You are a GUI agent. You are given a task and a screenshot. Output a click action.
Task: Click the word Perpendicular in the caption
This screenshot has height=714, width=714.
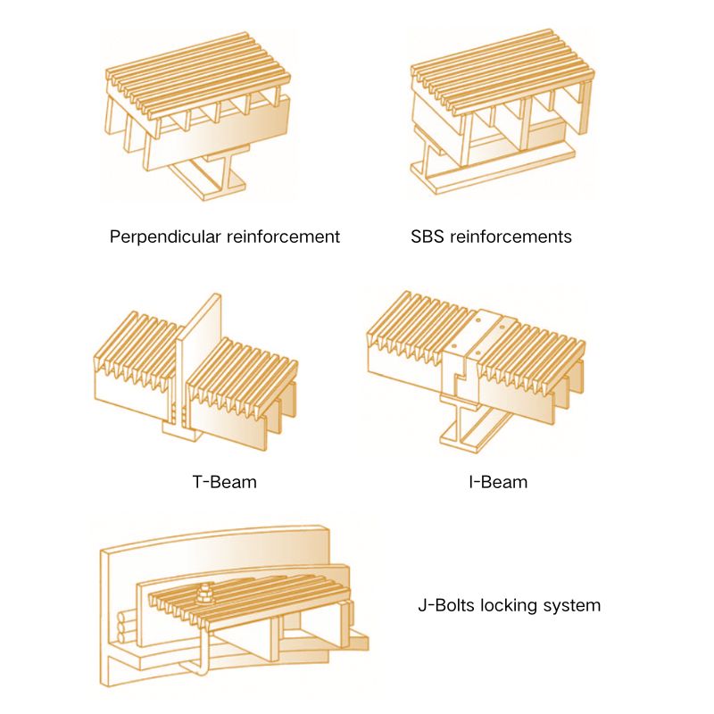pyautogui.click(x=165, y=237)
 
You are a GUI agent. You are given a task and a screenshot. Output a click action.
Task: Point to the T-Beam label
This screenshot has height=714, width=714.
pyautogui.click(x=225, y=482)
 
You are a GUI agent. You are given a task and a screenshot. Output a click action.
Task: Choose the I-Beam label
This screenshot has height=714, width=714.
pyautogui.click(x=498, y=482)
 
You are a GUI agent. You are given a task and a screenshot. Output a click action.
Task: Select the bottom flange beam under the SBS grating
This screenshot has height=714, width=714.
pyautogui.click(x=492, y=172)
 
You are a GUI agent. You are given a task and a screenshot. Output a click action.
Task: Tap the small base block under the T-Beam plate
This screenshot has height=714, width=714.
pyautogui.click(x=183, y=430)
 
